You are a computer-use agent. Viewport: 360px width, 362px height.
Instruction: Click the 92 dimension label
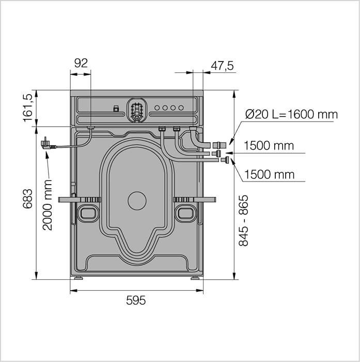tap(81, 63)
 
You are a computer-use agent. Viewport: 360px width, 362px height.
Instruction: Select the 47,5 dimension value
tap(222, 66)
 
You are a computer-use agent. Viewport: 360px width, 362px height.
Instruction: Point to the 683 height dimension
tap(28, 199)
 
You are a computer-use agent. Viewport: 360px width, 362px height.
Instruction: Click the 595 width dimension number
tap(136, 300)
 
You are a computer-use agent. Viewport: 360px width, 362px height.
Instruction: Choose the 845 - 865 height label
tap(243, 221)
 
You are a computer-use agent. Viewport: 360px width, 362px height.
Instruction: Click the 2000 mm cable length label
tap(48, 205)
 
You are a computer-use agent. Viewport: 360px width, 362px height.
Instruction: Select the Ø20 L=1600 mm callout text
tap(291, 114)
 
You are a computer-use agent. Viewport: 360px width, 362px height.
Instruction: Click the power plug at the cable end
tap(47, 144)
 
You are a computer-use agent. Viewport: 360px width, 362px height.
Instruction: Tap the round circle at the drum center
tap(137, 201)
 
